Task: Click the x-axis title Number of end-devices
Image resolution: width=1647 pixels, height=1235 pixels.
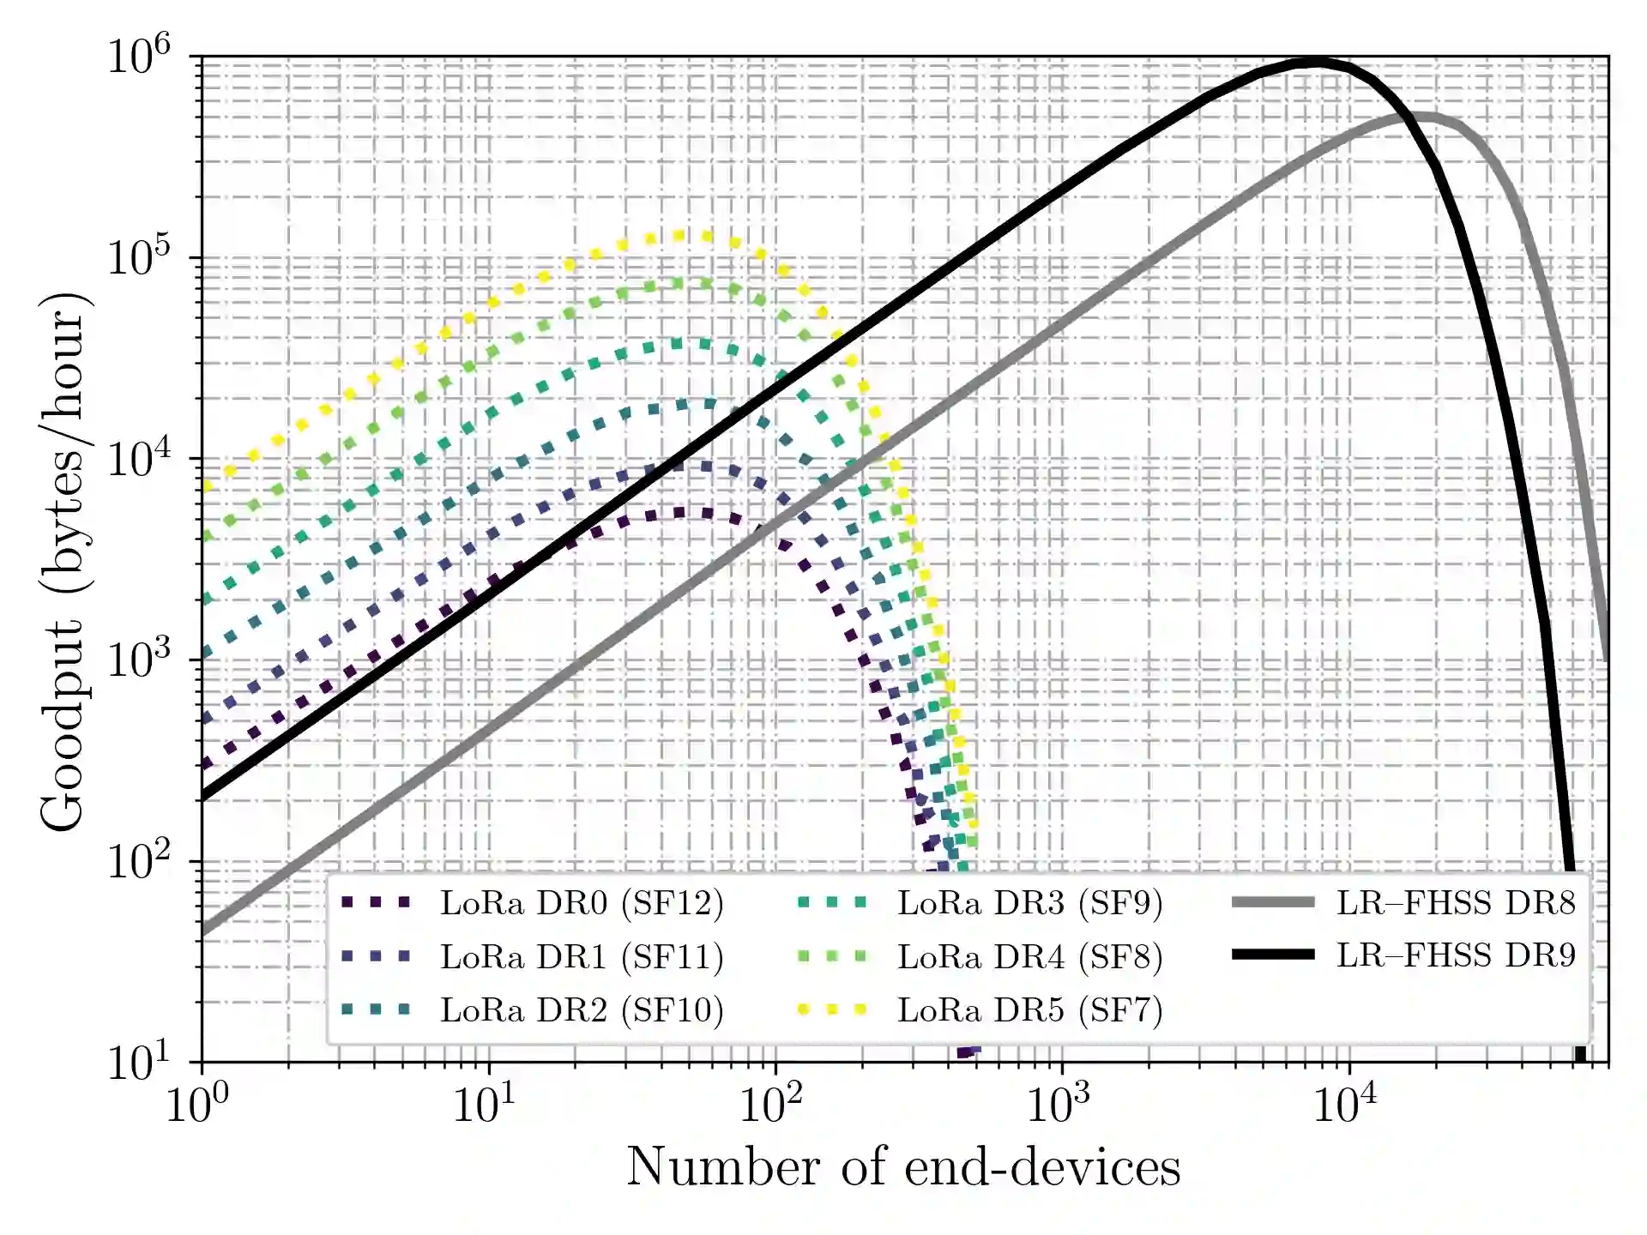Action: (x=903, y=1167)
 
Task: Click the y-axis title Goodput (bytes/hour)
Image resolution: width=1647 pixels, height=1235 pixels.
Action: (x=63, y=562)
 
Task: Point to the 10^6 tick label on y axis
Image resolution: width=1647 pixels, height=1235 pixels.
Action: (x=139, y=57)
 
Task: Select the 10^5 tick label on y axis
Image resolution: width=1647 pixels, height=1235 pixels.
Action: (x=139, y=257)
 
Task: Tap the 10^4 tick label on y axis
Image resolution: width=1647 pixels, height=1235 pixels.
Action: (x=139, y=459)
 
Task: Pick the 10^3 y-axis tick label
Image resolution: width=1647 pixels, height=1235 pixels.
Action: (x=139, y=660)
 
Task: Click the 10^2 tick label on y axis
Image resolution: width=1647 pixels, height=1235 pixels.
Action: (x=139, y=860)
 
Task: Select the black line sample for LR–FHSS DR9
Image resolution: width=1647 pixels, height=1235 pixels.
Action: (x=1273, y=955)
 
